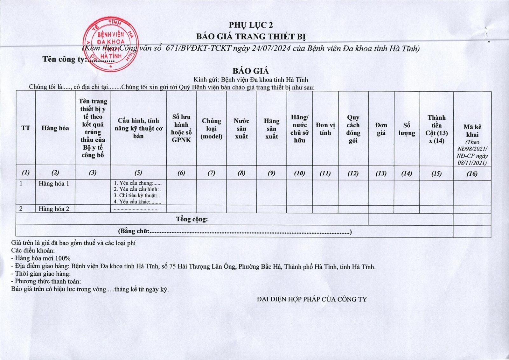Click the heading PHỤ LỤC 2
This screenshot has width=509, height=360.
click(251, 25)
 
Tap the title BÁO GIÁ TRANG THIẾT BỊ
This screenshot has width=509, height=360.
click(251, 36)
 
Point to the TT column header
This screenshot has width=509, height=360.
click(26, 128)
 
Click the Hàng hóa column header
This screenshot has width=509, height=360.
click(55, 128)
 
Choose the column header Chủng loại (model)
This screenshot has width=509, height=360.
click(211, 129)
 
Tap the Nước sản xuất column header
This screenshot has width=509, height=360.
click(241, 129)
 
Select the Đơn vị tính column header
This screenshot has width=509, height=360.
click(325, 129)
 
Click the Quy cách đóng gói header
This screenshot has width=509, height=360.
click(353, 129)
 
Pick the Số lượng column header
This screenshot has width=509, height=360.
click(407, 129)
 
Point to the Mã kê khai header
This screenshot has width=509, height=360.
click(472, 131)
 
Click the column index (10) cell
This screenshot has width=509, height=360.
click(299, 173)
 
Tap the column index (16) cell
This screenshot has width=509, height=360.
click(472, 174)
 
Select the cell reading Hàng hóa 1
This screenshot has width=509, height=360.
click(54, 184)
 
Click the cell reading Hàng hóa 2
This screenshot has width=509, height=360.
click(54, 209)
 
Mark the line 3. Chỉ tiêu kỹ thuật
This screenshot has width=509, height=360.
click(137, 196)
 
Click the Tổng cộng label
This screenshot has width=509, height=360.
click(192, 219)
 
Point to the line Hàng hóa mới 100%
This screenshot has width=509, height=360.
click(41, 258)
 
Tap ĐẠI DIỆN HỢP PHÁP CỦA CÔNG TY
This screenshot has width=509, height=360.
click(312, 299)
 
